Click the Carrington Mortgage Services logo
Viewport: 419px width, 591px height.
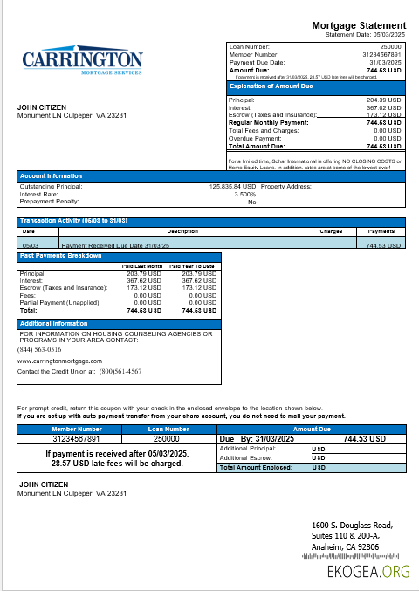82,64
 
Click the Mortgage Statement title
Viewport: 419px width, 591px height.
359,25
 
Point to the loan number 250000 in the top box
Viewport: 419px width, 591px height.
390,45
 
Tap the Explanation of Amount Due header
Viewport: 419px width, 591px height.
265,86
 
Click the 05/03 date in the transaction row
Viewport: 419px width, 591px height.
29,246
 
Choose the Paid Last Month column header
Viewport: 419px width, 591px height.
142,265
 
